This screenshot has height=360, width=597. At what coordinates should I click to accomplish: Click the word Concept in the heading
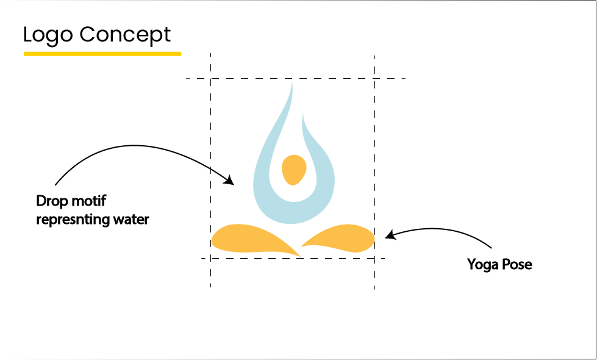coord(125,35)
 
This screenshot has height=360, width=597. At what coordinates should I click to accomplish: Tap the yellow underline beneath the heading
coord(102,54)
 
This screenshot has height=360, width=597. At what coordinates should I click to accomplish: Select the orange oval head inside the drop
coord(293,170)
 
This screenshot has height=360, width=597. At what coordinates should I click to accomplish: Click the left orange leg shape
coord(251,239)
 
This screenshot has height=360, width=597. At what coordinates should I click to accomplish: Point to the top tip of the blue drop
coord(291,81)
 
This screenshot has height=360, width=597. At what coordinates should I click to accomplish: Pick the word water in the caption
coord(132,220)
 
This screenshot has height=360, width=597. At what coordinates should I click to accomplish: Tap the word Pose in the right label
coord(516,264)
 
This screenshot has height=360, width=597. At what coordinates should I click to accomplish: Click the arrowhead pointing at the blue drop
coord(229,180)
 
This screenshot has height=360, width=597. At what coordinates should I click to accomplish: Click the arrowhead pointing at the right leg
coord(390,235)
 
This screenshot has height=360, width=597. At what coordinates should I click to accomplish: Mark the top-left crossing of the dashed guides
coord(210,79)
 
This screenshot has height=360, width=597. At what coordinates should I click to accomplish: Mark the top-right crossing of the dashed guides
coord(374,79)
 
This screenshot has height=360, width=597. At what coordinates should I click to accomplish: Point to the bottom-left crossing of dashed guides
coord(210,258)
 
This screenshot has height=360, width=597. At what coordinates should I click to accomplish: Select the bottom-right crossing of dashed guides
coord(374,258)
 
